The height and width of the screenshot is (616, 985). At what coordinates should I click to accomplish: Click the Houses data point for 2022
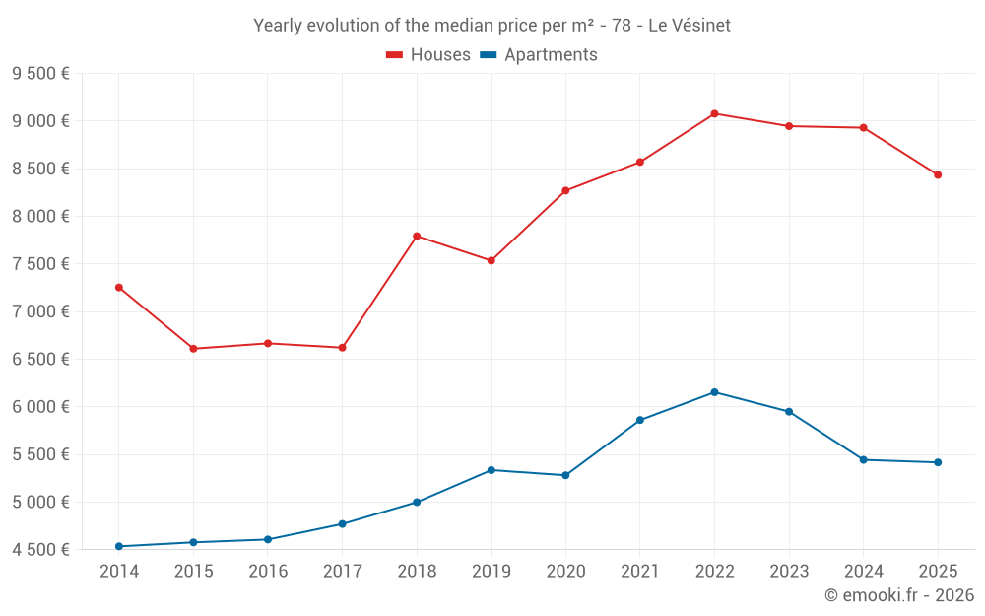pyautogui.click(x=714, y=113)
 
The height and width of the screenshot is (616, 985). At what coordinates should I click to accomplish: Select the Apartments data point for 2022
pyautogui.click(x=714, y=392)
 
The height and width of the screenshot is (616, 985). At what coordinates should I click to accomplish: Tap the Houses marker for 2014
pyautogui.click(x=119, y=288)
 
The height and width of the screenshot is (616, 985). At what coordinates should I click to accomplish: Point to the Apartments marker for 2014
pyautogui.click(x=119, y=546)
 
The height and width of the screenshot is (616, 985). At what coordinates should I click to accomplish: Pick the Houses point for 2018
pyautogui.click(x=417, y=236)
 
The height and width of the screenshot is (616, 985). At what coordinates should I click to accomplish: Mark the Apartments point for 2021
pyautogui.click(x=640, y=420)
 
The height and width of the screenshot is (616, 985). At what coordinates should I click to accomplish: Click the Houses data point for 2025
pyautogui.click(x=938, y=175)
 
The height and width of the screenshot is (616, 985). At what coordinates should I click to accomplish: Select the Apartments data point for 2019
pyautogui.click(x=492, y=470)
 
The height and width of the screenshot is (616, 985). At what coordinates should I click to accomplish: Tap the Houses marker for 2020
pyautogui.click(x=565, y=190)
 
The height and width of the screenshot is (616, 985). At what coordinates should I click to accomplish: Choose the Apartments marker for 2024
pyautogui.click(x=864, y=459)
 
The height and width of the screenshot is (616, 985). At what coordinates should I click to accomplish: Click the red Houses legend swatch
pyautogui.click(x=394, y=55)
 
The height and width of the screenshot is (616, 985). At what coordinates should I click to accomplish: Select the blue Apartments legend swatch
pyautogui.click(x=488, y=55)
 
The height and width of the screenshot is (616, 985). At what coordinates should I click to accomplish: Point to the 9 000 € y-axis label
pyautogui.click(x=40, y=121)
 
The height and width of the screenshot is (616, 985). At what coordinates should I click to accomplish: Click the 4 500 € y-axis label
pyautogui.click(x=40, y=550)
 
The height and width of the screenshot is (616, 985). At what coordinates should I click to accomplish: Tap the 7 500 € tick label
pyautogui.click(x=40, y=264)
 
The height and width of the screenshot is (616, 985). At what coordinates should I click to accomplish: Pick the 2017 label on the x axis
pyautogui.click(x=342, y=571)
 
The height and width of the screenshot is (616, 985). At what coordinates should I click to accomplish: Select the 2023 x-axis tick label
pyautogui.click(x=789, y=571)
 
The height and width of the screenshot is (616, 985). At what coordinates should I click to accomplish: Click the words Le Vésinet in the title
pyautogui.click(x=689, y=26)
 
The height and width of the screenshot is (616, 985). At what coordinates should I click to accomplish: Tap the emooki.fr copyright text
pyautogui.click(x=899, y=595)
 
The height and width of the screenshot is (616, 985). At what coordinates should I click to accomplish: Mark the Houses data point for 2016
pyautogui.click(x=268, y=343)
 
